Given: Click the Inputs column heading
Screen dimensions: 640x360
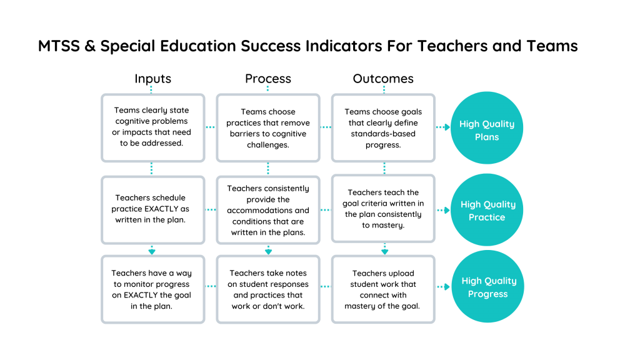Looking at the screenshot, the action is pos(153,78).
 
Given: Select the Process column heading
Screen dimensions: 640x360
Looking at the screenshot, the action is pos(268,78).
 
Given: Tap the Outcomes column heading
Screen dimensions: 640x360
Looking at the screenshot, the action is pos(383,78).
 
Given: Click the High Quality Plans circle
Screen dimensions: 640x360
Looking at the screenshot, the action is pos(486,127).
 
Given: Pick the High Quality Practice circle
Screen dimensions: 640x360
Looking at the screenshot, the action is pos(486,210).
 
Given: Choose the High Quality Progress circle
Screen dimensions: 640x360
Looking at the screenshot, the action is pos(487,286).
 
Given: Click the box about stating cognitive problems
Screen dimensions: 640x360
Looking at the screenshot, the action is pos(153,127).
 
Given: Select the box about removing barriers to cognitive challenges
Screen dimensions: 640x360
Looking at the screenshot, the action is pos(268,127).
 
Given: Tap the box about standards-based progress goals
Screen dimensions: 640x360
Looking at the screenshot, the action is pos(383,127).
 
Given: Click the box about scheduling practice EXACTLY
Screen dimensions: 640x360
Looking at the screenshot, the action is pos(153,210).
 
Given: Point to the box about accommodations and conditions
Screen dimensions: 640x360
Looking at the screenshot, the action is pos(268,210).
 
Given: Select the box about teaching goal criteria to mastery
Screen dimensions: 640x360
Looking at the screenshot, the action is pos(383,209).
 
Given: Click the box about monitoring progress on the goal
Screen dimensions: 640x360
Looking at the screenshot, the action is pos(153,289).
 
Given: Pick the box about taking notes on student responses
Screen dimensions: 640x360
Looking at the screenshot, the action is pos(268,289).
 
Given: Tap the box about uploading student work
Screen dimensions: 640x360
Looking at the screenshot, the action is pos(383,289).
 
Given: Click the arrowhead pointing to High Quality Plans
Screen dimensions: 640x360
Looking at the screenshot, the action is pos(447,127).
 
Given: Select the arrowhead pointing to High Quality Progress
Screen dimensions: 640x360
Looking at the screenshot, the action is pos(447,287).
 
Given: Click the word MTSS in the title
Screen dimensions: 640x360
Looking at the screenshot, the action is pos(59,46).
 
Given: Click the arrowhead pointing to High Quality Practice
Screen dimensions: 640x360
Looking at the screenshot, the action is pos(447,210).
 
